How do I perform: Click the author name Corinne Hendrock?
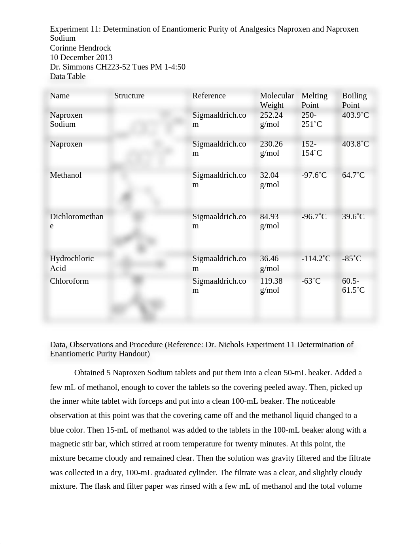tap(80, 48)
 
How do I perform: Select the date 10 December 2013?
tap(81, 57)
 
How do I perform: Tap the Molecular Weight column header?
tap(277, 100)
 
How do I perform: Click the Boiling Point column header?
tap(354, 100)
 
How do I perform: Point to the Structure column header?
tap(129, 96)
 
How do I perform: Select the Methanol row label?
tap(66, 175)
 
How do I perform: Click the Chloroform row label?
tap(69, 281)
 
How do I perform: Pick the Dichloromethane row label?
tap(76, 221)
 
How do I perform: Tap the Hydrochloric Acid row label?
tap(72, 263)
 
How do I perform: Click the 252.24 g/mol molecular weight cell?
tap(271, 119)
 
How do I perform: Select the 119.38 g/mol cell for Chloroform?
tap(271, 285)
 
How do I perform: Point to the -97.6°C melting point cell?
tap(314, 175)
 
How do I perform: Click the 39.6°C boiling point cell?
tap(353, 216)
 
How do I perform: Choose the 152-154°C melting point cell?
tap(312, 148)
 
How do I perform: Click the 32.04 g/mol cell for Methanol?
tap(270, 180)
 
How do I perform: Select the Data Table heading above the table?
tap(68, 76)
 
